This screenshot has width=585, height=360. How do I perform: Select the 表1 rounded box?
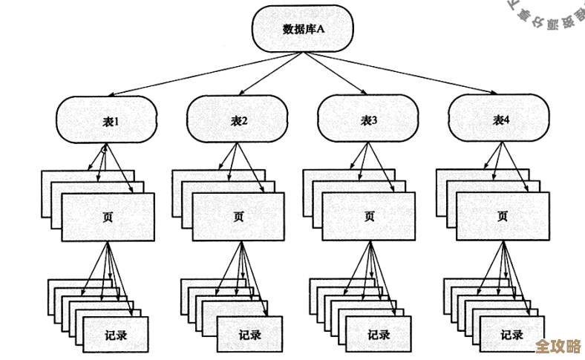coord(108,120)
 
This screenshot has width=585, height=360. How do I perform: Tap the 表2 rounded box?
coord(238,120)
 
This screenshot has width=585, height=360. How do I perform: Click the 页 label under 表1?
coord(108,217)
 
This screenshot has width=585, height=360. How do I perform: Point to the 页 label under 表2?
coord(238,217)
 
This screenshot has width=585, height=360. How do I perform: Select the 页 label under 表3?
coord(369,217)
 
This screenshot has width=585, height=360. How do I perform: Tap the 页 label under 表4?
coord(502,217)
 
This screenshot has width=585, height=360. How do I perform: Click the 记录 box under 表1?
coord(116,334)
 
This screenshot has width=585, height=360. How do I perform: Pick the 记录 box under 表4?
coord(512,334)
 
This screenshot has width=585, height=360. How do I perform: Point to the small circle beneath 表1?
coord(104,150)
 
